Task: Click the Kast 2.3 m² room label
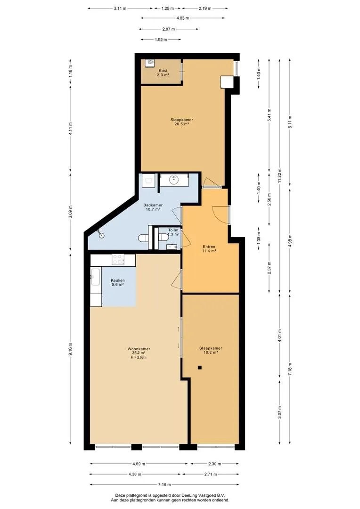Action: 163,73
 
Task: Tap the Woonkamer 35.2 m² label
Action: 139,351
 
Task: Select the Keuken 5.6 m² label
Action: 117,282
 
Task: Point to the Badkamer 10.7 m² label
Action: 153,207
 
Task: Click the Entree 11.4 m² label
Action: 209,249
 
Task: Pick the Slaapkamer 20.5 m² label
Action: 181,122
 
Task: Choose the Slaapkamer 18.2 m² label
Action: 210,350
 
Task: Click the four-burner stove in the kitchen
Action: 118,259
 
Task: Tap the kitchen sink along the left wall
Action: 95,277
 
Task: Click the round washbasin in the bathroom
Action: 174,180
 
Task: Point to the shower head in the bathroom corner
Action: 101,234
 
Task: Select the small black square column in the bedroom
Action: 200,368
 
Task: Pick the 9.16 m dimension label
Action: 70,349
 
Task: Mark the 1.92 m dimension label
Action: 161,40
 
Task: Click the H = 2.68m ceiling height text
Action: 139,358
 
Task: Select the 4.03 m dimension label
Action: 183,18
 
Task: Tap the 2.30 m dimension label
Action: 214,464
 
